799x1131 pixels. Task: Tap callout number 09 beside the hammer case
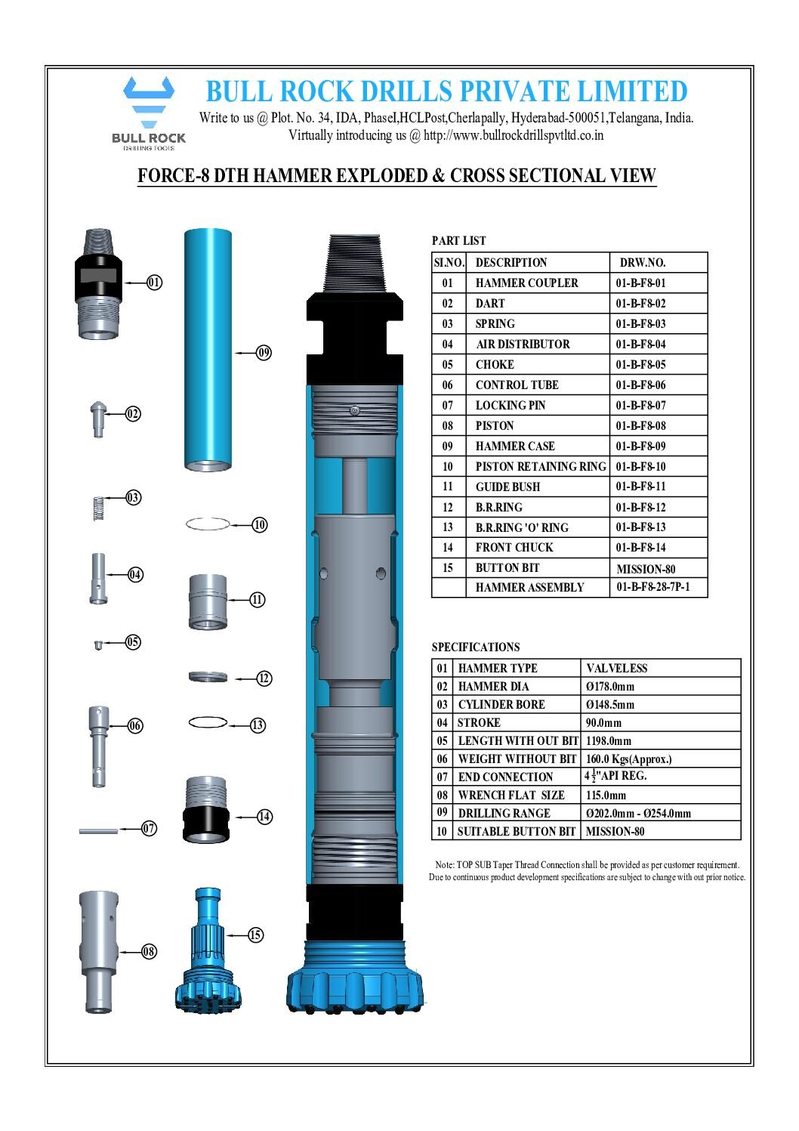click(x=264, y=352)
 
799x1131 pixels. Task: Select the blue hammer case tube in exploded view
click(x=208, y=349)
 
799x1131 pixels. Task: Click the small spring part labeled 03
click(x=97, y=508)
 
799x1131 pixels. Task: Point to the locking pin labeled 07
click(x=98, y=831)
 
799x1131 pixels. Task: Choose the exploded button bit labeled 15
click(x=205, y=956)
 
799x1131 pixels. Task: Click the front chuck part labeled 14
click(x=205, y=809)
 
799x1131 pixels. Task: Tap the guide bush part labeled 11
click(x=208, y=602)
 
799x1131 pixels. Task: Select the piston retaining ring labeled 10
click(x=208, y=524)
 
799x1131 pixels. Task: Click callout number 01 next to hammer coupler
click(x=154, y=283)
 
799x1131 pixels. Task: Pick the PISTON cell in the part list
click(x=495, y=426)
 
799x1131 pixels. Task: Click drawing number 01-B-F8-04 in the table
click(x=640, y=345)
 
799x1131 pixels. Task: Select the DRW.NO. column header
click(x=643, y=263)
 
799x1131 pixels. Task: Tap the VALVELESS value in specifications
click(x=616, y=669)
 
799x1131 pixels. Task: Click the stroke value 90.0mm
click(x=603, y=723)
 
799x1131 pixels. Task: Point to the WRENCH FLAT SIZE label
click(x=511, y=796)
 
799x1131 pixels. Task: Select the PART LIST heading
click(x=458, y=241)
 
